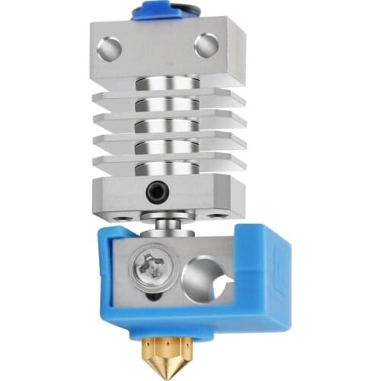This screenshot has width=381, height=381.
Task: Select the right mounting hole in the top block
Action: [205, 46]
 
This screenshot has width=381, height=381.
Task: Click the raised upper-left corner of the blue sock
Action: [107, 232]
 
